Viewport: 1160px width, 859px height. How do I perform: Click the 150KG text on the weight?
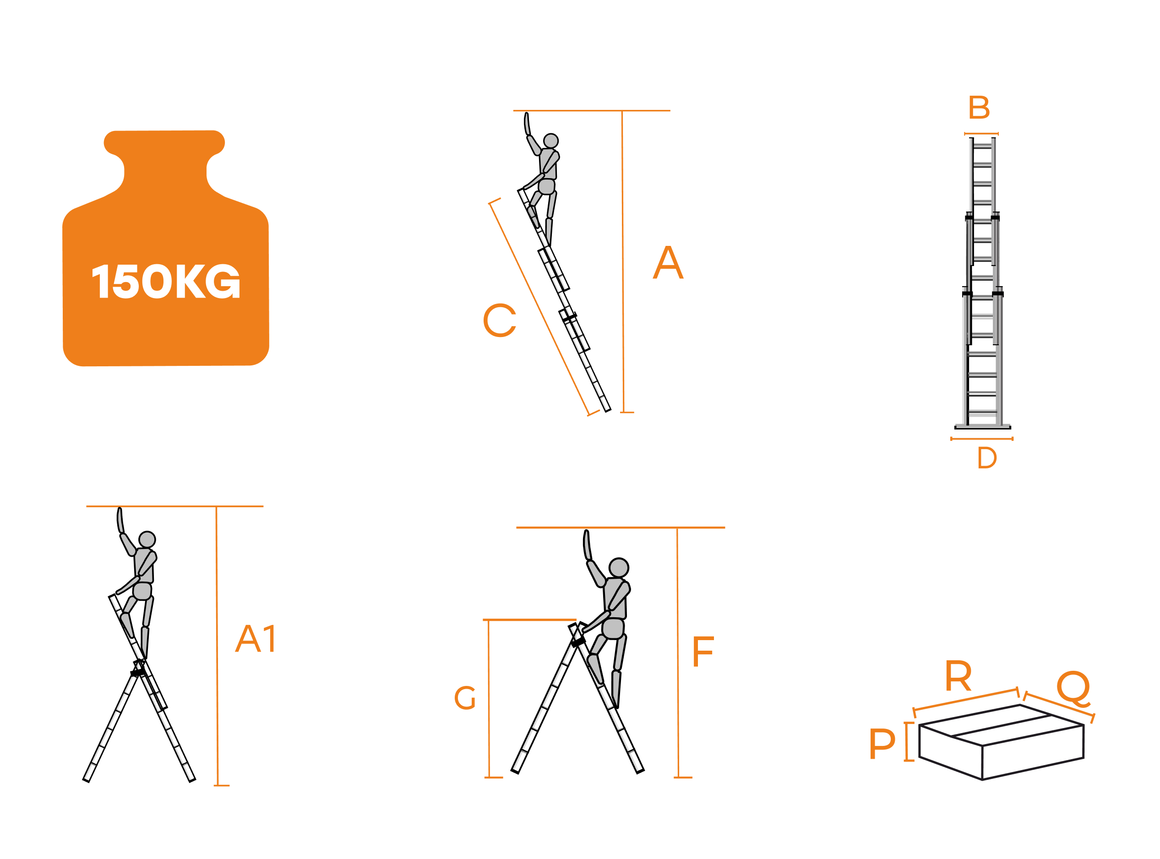point(166,281)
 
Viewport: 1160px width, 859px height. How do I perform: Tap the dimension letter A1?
point(256,639)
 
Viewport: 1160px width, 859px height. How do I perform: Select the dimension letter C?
point(500,321)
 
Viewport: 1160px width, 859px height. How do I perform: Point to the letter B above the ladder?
point(979,107)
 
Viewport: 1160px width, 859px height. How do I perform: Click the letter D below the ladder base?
point(987,458)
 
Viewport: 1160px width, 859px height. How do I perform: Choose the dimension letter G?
point(465,698)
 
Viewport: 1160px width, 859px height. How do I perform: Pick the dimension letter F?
point(703,651)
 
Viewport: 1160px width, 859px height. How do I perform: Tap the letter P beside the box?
point(882,744)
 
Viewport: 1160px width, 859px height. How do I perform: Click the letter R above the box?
point(958,676)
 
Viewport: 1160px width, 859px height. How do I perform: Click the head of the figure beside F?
point(619,568)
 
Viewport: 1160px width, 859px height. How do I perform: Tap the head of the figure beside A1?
point(147,540)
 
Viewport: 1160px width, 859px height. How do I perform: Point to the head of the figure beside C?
point(550,141)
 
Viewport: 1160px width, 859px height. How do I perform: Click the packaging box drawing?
point(1002,743)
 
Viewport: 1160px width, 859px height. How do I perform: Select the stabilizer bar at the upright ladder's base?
point(983,427)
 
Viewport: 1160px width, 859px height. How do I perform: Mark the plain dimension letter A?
point(668,262)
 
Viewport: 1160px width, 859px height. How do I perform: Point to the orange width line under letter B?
point(981,134)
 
